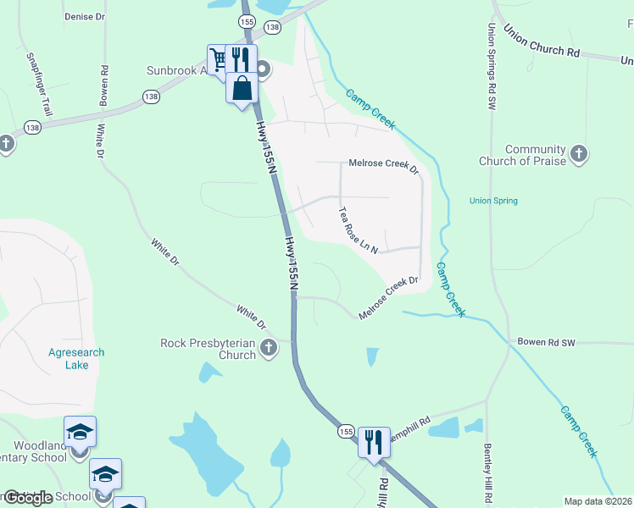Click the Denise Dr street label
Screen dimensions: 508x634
tap(85, 16)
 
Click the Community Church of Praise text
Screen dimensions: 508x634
tap(535, 155)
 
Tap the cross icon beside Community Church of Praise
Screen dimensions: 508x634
tap(579, 154)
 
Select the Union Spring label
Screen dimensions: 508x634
tap(493, 201)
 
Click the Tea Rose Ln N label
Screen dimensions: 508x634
tap(357, 229)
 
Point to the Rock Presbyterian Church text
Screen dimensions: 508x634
tap(209, 349)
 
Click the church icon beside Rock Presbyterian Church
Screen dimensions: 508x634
tap(269, 347)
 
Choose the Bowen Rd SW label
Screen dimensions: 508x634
tap(546, 343)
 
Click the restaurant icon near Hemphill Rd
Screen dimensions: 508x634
tap(373, 440)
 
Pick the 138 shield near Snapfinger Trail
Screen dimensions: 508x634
tap(32, 128)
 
